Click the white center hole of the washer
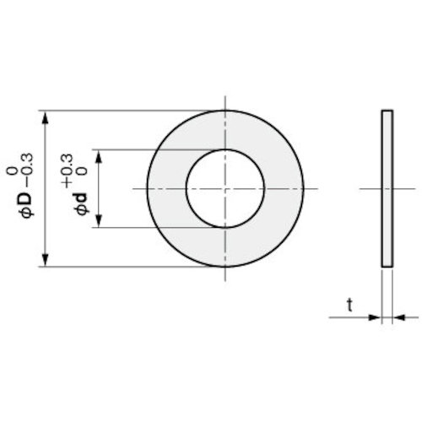(225, 187)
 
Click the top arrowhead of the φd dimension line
(100, 155)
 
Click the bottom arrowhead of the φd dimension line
(100, 221)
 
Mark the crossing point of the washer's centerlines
(225, 187)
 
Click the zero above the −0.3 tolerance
(10, 171)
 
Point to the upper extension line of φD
(127, 109)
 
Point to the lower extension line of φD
(127, 268)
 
